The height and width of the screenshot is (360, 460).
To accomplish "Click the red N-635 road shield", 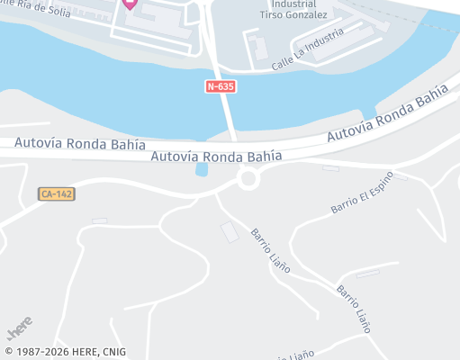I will (x=221, y=86).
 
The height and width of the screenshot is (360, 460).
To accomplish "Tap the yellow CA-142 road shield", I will (x=56, y=193).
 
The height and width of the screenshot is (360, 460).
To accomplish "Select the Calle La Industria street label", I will (x=308, y=50).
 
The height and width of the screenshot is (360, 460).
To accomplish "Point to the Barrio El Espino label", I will (x=362, y=192).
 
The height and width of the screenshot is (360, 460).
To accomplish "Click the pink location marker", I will (x=130, y=4).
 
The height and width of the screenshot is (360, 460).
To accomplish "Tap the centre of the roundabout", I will (x=248, y=179).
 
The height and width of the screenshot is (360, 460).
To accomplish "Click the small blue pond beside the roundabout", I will (x=201, y=169).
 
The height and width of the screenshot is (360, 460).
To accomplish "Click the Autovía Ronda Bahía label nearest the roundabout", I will (x=216, y=156).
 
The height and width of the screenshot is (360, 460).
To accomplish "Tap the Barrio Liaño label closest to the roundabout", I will (x=270, y=249).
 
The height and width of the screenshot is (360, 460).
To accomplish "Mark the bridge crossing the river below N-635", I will (x=227, y=112).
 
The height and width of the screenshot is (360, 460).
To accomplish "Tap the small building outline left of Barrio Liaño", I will (x=230, y=231).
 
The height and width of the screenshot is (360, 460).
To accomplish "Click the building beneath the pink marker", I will (x=153, y=20).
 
